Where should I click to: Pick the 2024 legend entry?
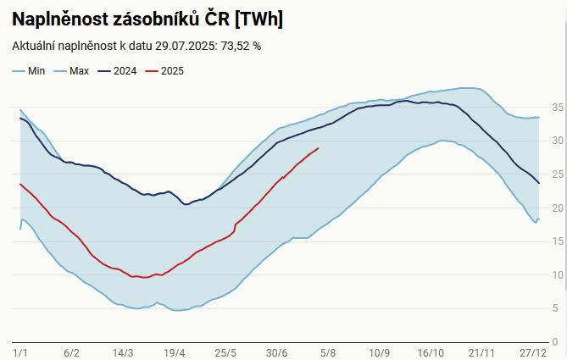pos(123,71)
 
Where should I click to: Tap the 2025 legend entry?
pos(172,71)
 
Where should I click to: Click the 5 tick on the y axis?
pos(554,308)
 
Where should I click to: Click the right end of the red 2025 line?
pos(318,148)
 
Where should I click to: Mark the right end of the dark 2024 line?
pos(539,183)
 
